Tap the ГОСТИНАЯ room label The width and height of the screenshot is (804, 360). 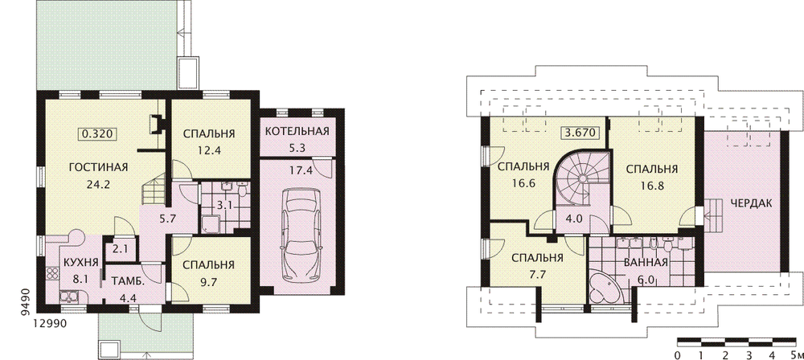coord(98,167)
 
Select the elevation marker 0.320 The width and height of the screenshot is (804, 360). coord(97,134)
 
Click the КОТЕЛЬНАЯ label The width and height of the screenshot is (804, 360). coord(297,131)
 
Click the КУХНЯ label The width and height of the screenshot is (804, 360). coord(80,263)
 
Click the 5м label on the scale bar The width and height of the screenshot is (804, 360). coord(796,355)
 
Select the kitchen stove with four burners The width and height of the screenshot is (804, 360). coord(52,273)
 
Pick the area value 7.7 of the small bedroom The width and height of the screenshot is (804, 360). coord(537,273)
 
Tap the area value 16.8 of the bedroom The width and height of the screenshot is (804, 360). coord(652,186)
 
